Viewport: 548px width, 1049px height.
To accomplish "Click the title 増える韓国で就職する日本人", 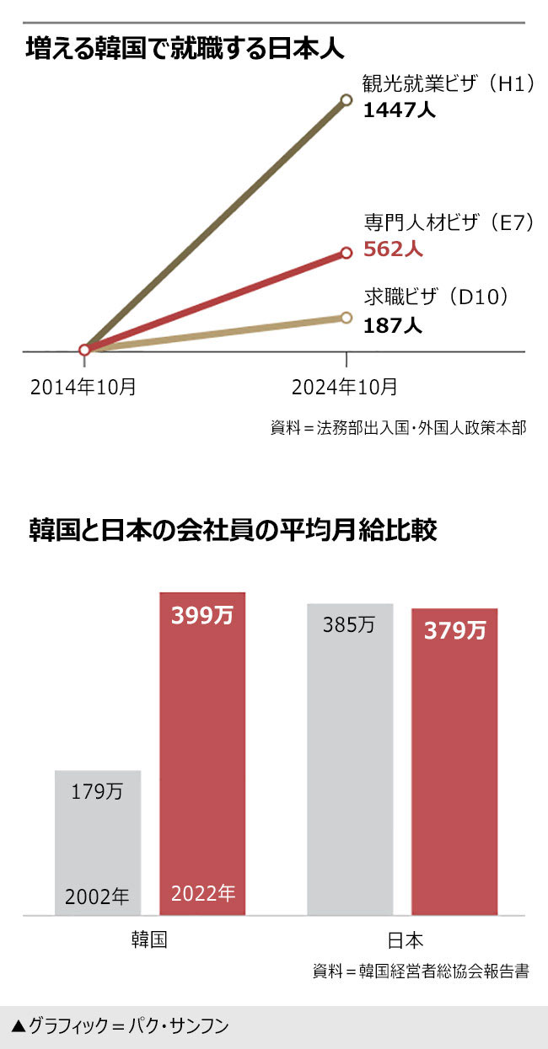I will click(x=185, y=48).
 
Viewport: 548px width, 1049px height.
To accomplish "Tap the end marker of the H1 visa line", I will click(x=346, y=100).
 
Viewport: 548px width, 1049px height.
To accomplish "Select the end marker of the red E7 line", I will click(x=346, y=252).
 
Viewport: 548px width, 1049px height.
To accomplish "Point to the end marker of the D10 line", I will click(x=346, y=317).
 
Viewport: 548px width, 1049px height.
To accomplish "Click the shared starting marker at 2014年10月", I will click(x=84, y=350).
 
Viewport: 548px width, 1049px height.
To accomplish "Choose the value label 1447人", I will click(x=399, y=110).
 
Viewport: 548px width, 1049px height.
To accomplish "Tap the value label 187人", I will click(x=393, y=325).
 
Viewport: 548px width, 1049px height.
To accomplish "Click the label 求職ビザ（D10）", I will click(x=438, y=297).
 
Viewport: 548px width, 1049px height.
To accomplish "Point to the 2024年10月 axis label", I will click(x=345, y=387).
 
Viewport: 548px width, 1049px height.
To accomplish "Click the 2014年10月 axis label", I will click(x=83, y=387).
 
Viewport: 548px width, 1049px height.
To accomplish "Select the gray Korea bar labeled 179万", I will click(x=98, y=843).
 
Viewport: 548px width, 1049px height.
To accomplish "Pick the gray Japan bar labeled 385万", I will click(x=350, y=758).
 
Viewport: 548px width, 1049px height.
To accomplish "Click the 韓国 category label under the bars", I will click(x=149, y=939).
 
